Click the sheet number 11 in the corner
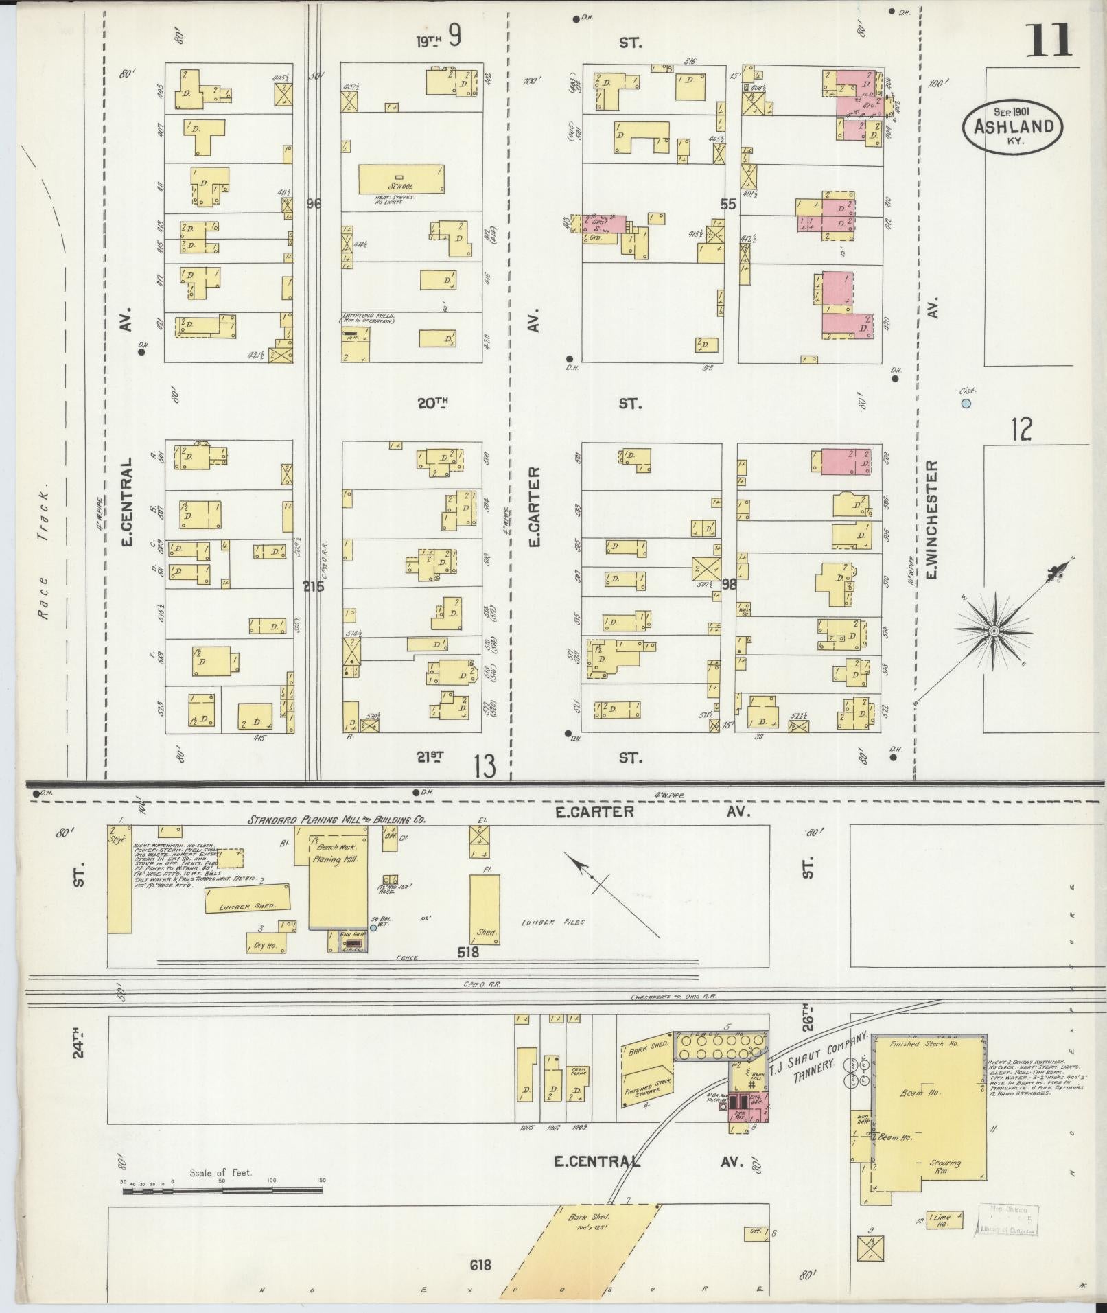[1049, 40]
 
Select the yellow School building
[403, 180]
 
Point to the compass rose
[993, 629]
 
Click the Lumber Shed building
[248, 899]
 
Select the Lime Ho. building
[945, 1220]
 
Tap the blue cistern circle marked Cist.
[966, 404]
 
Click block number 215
[314, 587]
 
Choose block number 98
[729, 583]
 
